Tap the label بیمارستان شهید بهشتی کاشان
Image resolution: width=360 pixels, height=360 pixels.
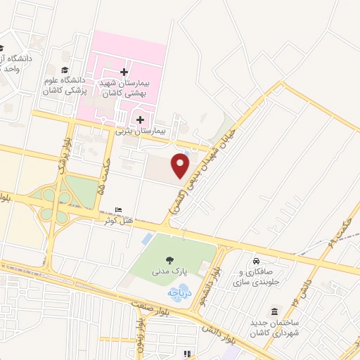tap(127, 89)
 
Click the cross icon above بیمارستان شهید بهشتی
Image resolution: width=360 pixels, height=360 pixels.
tap(124, 72)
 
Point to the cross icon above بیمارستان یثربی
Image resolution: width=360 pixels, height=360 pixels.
tap(140, 119)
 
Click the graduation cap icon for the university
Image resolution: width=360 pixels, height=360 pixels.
tap(65, 70)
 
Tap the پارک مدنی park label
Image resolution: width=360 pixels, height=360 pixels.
tap(170, 271)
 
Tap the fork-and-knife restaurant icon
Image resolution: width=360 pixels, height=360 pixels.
tap(186, 354)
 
